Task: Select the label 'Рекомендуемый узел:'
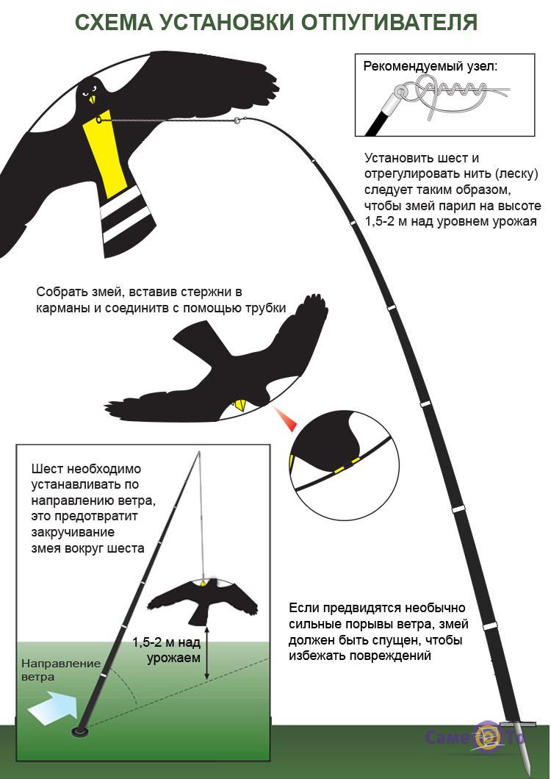430,66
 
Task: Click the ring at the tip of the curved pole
237,120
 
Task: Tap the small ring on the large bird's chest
99,119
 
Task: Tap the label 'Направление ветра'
61,669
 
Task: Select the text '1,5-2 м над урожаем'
167,650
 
